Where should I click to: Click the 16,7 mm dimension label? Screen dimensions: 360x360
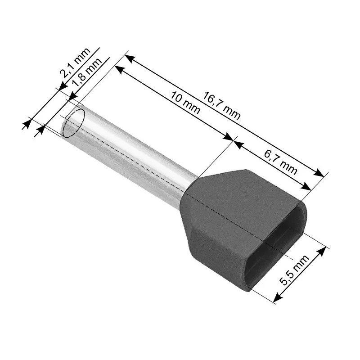pos(221,105)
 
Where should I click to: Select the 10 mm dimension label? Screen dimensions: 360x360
pos(185,103)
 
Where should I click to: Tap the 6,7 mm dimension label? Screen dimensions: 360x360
pos(280,162)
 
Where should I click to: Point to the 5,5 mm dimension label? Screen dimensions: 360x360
pos(295,270)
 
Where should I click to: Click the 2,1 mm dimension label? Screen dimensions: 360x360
pos(75,63)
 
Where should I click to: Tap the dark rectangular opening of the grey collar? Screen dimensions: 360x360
pos(277,246)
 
